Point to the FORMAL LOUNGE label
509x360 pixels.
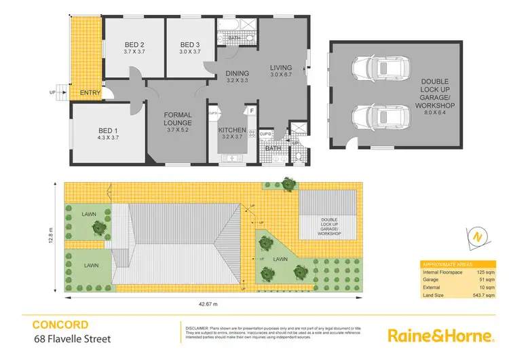pos(178,119)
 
